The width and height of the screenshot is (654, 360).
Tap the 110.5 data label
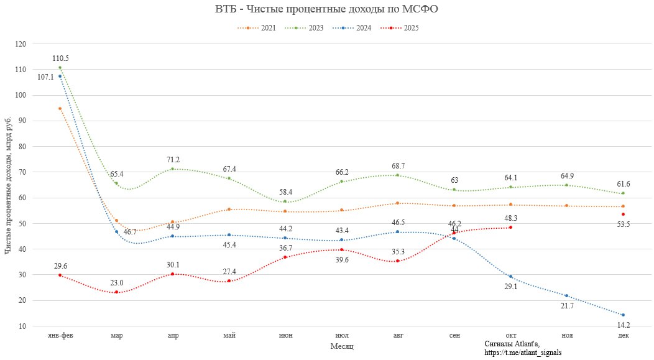coord(60,58)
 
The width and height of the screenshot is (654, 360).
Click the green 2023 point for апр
coord(172,168)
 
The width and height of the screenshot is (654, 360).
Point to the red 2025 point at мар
coord(116,292)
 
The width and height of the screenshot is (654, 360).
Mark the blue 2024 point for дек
coord(623,315)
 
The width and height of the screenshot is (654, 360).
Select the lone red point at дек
coord(623,214)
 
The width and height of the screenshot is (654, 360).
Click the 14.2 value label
coord(623,325)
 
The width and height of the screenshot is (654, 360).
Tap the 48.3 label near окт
coord(510,218)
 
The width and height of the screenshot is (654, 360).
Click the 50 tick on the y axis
coord(22,223)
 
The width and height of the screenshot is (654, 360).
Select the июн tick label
coord(285,336)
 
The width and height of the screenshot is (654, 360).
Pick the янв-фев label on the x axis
coord(60,336)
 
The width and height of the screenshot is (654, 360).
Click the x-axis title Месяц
coord(342,345)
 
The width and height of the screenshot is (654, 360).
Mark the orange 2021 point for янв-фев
coord(60,109)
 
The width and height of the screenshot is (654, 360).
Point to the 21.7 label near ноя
coord(566,305)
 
